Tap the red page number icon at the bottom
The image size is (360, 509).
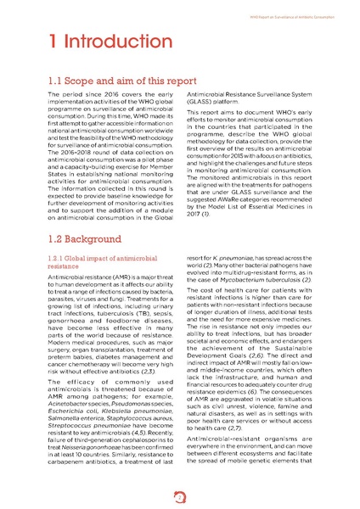tap(179, 495)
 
